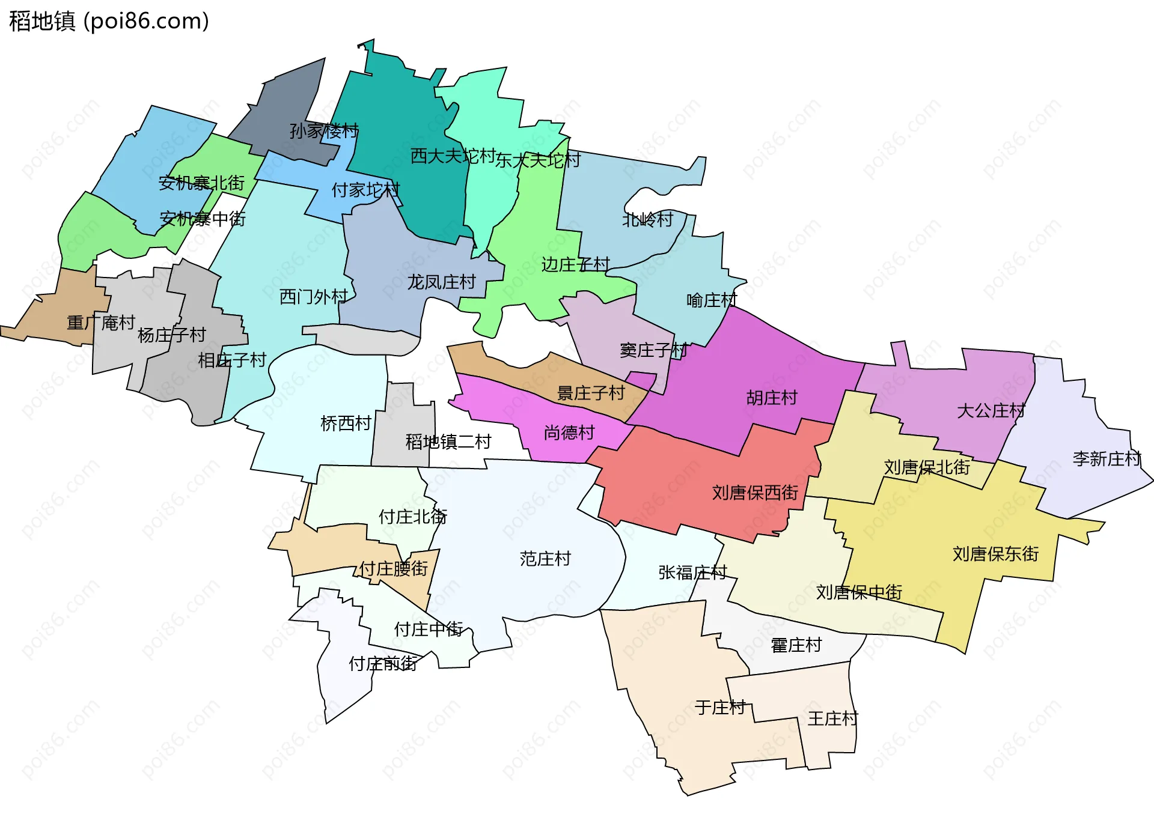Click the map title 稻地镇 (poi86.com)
point(109,21)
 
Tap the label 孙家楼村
point(324,130)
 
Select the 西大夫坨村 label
point(453,156)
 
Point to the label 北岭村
point(647,220)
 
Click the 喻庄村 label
point(712,300)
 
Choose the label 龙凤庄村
point(441,282)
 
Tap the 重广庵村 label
point(101,323)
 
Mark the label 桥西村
point(346,424)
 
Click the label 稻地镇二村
point(448,442)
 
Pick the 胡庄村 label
point(772,398)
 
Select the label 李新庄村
point(1107,459)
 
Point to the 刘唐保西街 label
point(755,493)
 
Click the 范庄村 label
point(545,559)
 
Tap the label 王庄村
point(832,718)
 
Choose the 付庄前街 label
point(383,663)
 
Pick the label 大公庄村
point(991,411)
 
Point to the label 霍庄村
point(796,645)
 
